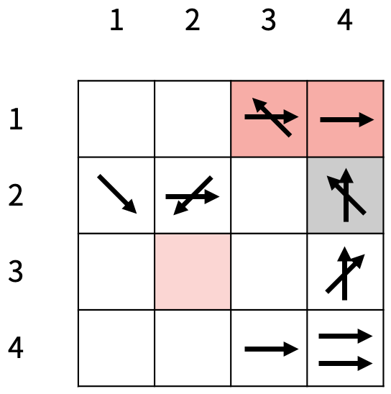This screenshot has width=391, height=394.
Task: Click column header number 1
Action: [116, 19]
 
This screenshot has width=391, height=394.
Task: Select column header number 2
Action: [193, 19]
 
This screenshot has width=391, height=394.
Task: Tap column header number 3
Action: [268, 19]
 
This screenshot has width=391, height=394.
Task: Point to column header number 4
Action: [345, 19]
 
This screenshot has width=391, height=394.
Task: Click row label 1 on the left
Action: [16, 119]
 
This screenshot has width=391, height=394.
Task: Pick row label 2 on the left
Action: [16, 195]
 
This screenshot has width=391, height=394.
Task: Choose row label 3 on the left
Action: [16, 271]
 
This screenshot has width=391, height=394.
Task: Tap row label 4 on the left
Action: [16, 348]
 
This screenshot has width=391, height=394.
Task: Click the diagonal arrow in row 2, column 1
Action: [117, 193]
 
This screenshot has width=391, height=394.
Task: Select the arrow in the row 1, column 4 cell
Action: [347, 120]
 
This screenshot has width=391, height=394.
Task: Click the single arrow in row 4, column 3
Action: [272, 349]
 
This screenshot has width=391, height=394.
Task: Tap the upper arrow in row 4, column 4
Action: [346, 336]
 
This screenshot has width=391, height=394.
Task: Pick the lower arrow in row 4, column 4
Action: [346, 363]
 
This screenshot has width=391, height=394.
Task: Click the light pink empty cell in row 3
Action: [193, 272]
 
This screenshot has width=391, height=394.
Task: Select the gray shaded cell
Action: [345, 196]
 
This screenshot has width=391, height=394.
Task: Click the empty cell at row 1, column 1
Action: [116, 119]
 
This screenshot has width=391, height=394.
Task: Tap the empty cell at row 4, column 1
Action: [116, 348]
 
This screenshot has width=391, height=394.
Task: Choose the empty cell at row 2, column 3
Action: [269, 196]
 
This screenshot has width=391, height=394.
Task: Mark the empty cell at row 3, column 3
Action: [269, 272]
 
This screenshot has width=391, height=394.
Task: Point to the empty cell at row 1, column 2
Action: [193, 119]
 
